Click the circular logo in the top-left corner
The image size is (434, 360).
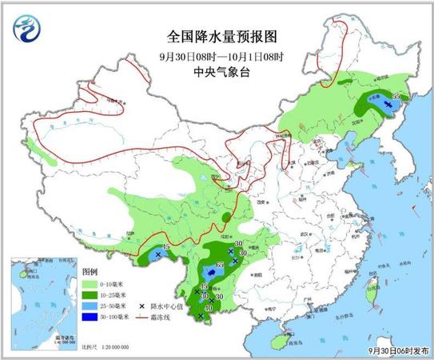pyautogui.click(x=26, y=31)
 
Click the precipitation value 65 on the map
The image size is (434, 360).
pyautogui.click(x=221, y=265)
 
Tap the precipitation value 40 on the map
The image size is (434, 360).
pyautogui.click(x=209, y=309)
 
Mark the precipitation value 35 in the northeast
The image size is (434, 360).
pyautogui.click(x=396, y=97)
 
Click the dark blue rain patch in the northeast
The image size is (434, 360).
pyautogui.click(x=386, y=105)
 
